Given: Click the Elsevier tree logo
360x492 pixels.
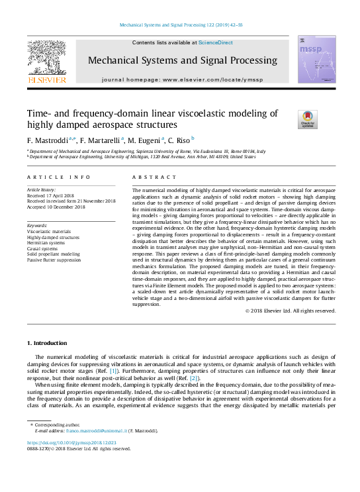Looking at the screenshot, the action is (46, 58).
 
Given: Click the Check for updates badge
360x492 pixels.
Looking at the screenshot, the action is (308, 119).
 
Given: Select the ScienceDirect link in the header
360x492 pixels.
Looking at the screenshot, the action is (216, 42).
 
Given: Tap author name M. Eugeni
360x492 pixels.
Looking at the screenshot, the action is (142, 140).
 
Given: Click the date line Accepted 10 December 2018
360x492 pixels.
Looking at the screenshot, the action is (58, 207).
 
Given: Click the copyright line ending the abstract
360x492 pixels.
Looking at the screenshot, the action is (291, 329).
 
